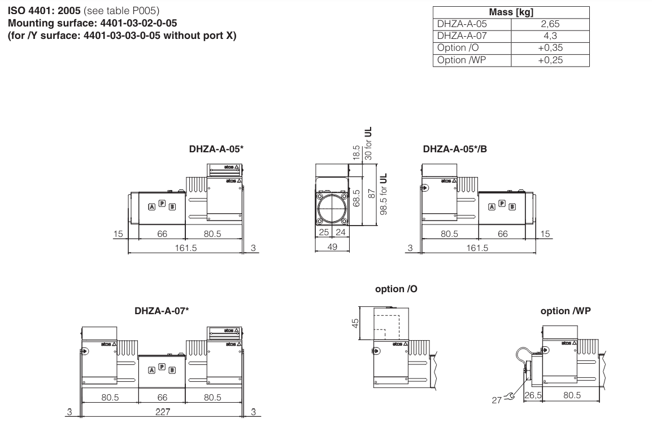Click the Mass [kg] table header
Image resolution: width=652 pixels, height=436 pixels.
coord(511,12)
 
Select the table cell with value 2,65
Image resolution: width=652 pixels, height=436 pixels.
coord(550,24)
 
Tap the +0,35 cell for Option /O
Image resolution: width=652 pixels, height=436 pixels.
coord(550,48)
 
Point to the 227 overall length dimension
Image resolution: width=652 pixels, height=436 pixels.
coord(163,412)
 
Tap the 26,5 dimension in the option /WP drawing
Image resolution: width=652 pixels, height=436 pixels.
coord(533,395)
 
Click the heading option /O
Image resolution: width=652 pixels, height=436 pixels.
coord(397,289)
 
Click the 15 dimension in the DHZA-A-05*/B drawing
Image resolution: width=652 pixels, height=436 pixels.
coord(545,234)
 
